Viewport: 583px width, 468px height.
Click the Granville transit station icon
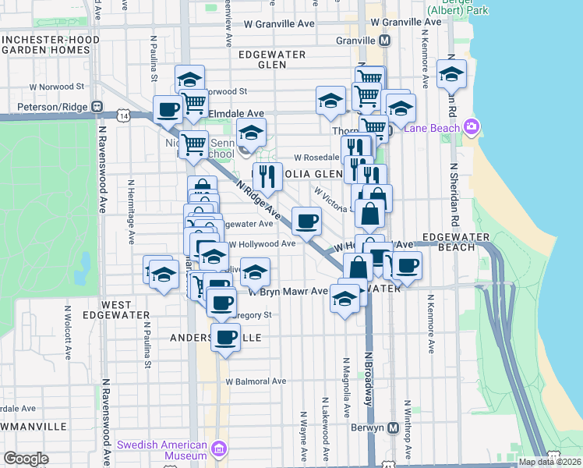click(384, 41)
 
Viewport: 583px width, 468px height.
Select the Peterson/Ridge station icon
click(97, 106)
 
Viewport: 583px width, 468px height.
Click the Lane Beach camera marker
click(470, 126)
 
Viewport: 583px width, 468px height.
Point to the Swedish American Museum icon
click(219, 449)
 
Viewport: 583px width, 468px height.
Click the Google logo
click(26, 459)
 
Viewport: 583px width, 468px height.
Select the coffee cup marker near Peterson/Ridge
click(167, 109)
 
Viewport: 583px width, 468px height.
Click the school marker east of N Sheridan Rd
click(451, 74)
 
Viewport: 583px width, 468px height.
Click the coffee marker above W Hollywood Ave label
click(306, 221)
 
